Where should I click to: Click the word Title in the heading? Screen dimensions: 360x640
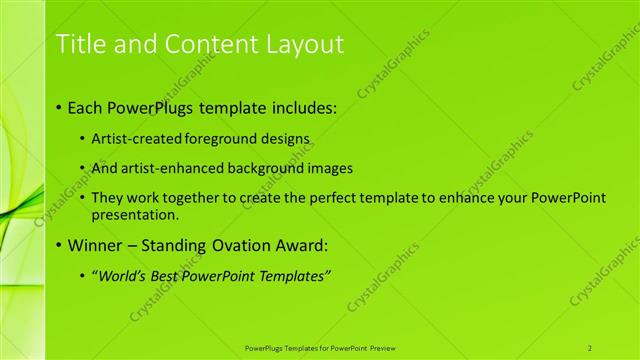tap(79, 44)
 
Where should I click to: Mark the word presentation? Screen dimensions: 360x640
tap(133, 214)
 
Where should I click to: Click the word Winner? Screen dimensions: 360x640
tap(95, 245)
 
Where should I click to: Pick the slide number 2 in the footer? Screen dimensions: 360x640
tap(590, 347)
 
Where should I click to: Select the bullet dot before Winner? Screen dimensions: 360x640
tap(59, 245)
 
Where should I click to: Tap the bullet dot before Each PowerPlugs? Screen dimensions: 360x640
tap(59, 105)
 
